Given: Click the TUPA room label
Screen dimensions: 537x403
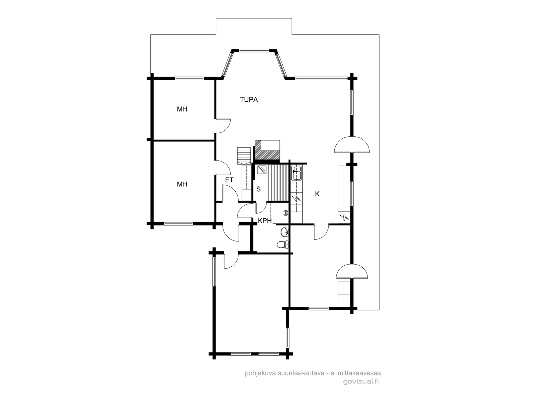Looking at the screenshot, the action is tap(249, 100).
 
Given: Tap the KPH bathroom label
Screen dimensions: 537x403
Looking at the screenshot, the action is tap(265, 221).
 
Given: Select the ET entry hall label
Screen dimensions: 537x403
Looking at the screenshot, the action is tap(229, 180).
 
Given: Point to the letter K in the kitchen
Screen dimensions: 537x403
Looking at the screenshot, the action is tap(317, 194).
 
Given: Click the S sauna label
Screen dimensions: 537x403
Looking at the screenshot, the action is tap(258, 189).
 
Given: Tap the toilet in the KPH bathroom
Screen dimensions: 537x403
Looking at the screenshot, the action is tap(283, 244).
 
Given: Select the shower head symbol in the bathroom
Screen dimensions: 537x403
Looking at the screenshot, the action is tap(286, 213).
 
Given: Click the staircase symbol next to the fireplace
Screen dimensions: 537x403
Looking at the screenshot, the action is tap(244, 155).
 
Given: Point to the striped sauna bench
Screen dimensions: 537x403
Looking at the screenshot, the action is tap(279, 183).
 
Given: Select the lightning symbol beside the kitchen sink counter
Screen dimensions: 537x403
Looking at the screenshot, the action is tap(296, 198).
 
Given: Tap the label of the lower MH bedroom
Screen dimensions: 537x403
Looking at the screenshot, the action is tap(182, 184).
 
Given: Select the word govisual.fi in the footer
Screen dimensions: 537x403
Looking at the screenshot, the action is tap(361, 382).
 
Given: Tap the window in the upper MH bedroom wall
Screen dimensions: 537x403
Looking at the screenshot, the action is tap(190, 79).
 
